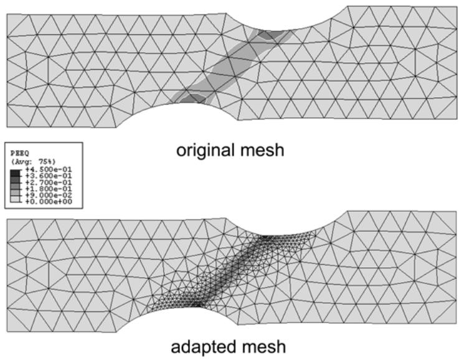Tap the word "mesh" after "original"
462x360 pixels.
click(x=262, y=149)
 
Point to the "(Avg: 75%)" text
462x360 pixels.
click(x=33, y=161)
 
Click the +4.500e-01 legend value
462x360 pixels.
click(x=49, y=169)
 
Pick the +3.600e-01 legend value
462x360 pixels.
click(x=49, y=176)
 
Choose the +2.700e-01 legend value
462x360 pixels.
click(x=49, y=182)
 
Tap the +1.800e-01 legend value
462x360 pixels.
click(x=49, y=189)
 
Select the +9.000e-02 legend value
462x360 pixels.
click(x=49, y=196)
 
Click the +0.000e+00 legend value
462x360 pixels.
click(x=49, y=202)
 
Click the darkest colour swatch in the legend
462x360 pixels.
click(x=16, y=173)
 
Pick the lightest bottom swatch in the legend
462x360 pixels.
click(x=16, y=199)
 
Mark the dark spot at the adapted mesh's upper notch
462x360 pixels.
click(x=265, y=237)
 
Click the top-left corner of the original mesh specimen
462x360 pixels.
click(x=7, y=14)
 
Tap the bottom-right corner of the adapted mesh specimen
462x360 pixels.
click(x=456, y=324)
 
